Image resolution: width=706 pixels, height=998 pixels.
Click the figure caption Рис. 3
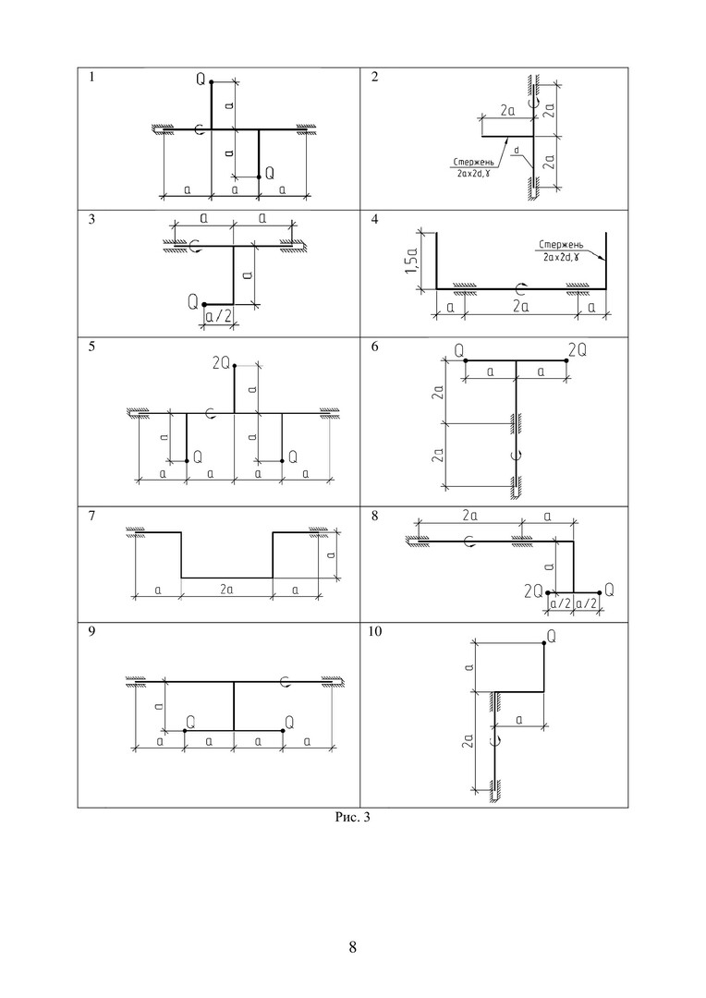point(352,816)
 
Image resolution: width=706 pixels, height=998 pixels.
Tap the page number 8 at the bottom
point(352,947)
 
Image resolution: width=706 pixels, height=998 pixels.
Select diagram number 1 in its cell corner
point(91,78)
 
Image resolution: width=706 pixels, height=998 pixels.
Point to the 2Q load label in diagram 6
point(578,351)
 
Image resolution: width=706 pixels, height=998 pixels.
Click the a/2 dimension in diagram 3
point(218,317)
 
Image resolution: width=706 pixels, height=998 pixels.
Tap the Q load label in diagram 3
point(192,301)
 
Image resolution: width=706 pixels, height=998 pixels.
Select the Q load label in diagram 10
point(551,637)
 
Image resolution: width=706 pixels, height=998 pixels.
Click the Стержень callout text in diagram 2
point(470,161)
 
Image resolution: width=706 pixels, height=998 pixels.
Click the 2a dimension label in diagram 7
point(225,589)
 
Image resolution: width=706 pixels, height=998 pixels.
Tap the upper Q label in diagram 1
point(201,79)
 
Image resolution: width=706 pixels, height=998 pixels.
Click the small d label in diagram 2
point(517,150)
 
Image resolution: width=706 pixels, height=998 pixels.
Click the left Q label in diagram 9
point(189,720)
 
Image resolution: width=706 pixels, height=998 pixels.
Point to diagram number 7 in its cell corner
point(91,517)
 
